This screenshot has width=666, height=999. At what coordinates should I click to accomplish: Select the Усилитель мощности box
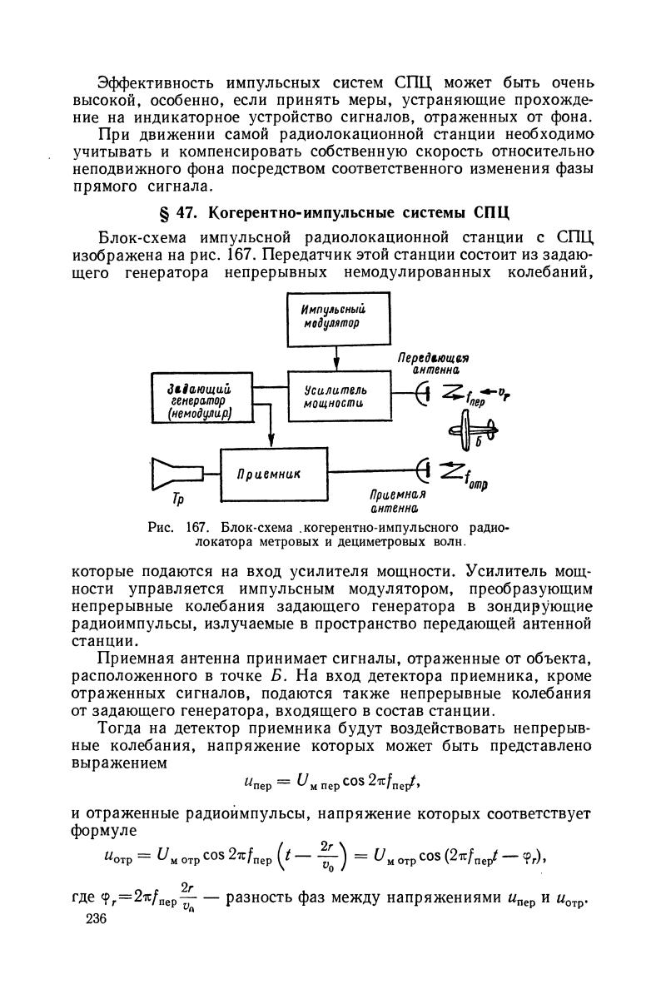[x=337, y=396]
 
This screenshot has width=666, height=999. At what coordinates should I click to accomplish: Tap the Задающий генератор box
[x=201, y=400]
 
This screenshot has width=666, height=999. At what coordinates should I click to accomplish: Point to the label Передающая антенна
[x=434, y=363]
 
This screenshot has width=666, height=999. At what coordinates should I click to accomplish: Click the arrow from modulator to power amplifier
[x=337, y=359]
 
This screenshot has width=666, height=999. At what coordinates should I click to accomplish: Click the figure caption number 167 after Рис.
[x=196, y=528]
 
